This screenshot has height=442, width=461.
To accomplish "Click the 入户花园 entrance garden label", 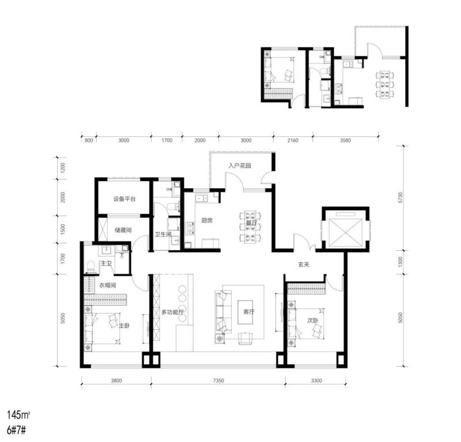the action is point(240,166).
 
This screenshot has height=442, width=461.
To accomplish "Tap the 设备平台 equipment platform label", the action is point(124,199).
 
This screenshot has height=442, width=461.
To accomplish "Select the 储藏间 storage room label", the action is point(123,230).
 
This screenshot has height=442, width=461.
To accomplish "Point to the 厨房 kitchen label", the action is point(207,220).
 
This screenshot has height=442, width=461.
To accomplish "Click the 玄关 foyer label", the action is point(304,264).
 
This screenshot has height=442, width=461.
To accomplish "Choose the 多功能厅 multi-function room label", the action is point(172,312).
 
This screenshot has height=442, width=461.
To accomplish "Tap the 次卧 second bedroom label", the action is point(312,320).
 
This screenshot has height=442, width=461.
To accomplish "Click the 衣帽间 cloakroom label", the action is point(107,285).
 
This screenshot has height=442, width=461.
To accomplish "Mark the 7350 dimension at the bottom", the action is point(218,380).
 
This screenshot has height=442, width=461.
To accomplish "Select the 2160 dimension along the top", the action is point(293,140).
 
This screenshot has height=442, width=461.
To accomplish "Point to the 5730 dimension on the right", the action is point(400,198).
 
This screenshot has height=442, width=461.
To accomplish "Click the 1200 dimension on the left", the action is point(63,167).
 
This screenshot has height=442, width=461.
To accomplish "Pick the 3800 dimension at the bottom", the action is point(116,380).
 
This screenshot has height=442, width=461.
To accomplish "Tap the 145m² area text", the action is point(18,415).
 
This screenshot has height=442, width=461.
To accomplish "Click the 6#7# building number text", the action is point(17,430).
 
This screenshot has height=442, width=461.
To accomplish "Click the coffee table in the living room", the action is point(245,312).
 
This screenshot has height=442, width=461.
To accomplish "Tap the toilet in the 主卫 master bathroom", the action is point(91,266).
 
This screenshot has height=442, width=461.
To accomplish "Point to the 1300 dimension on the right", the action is point(400,262).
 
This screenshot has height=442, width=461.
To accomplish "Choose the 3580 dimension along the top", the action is point(345,140).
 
